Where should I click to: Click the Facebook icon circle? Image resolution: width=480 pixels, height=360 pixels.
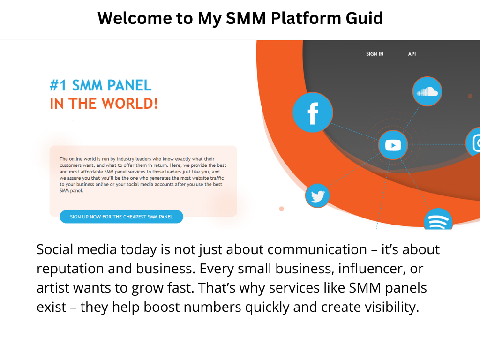coord(313,112)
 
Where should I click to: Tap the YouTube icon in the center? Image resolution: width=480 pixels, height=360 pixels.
coord(393,145)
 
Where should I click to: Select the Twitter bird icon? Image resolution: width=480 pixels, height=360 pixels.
coord(317,196)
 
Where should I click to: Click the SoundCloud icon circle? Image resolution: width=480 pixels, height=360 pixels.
coord(427,91)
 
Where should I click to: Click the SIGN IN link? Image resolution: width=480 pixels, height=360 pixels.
coord(375,54)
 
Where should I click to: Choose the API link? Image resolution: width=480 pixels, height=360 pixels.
coord(412,54)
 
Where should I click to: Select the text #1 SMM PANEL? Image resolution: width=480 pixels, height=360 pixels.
coord(101,85)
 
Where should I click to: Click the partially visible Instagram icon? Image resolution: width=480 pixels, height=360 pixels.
coord(475,142)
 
